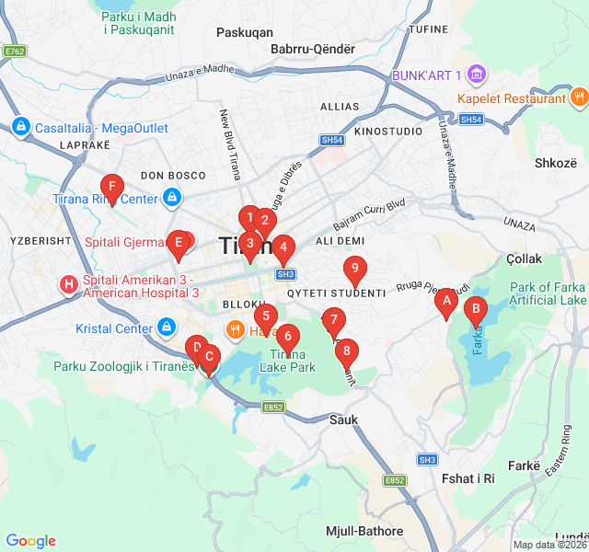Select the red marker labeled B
[x=476, y=311]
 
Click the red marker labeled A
[x=446, y=301]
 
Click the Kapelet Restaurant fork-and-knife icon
[x=579, y=98]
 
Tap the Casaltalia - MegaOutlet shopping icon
[x=20, y=127]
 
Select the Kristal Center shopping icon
[x=166, y=328]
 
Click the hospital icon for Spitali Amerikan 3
[x=69, y=284]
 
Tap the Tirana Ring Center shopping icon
[x=172, y=198]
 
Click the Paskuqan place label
[x=244, y=32]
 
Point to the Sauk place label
[x=342, y=420]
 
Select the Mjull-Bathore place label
[x=364, y=531]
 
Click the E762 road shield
[x=14, y=52]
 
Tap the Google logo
[x=30, y=541]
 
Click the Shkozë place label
[x=554, y=163]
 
